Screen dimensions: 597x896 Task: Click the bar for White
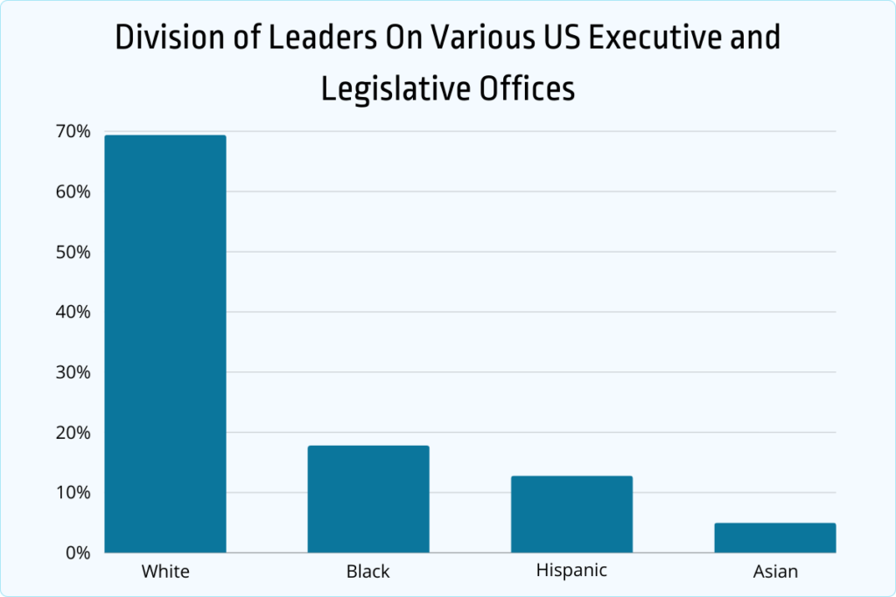point(165,344)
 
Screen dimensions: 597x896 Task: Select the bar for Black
point(368,499)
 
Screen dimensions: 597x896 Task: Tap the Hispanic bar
point(571,514)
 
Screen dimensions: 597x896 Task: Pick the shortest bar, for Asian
point(774,538)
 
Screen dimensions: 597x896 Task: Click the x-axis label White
point(165,573)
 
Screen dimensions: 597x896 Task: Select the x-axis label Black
point(368,573)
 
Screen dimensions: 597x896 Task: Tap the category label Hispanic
point(571,571)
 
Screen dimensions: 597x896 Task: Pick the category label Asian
point(775,573)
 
